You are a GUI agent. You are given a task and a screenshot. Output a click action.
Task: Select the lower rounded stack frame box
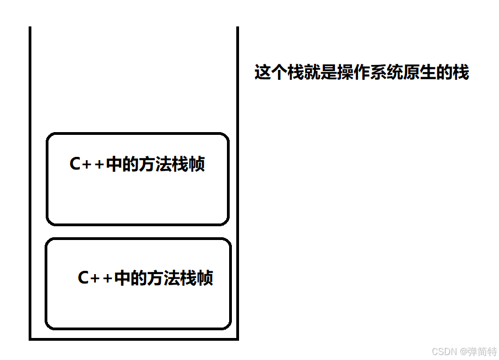[x=138, y=308]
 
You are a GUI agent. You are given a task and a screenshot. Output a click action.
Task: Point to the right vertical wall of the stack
[x=237, y=182]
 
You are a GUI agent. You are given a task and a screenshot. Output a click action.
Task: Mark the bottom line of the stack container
[x=134, y=339]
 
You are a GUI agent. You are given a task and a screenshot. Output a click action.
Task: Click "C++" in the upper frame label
[x=86, y=165]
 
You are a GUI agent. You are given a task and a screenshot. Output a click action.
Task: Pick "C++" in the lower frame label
[x=95, y=278]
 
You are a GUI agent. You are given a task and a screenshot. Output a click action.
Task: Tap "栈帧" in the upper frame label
[x=189, y=165]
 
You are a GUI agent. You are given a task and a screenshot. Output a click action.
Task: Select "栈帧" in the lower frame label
[x=197, y=278]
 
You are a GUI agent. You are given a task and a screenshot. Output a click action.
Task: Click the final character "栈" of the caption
[x=461, y=73]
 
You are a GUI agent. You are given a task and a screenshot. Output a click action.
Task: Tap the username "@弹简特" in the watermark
[x=479, y=351]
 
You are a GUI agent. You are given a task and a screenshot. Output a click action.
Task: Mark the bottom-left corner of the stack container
[x=30, y=339]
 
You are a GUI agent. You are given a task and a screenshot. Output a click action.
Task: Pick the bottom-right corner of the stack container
[x=237, y=339]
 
